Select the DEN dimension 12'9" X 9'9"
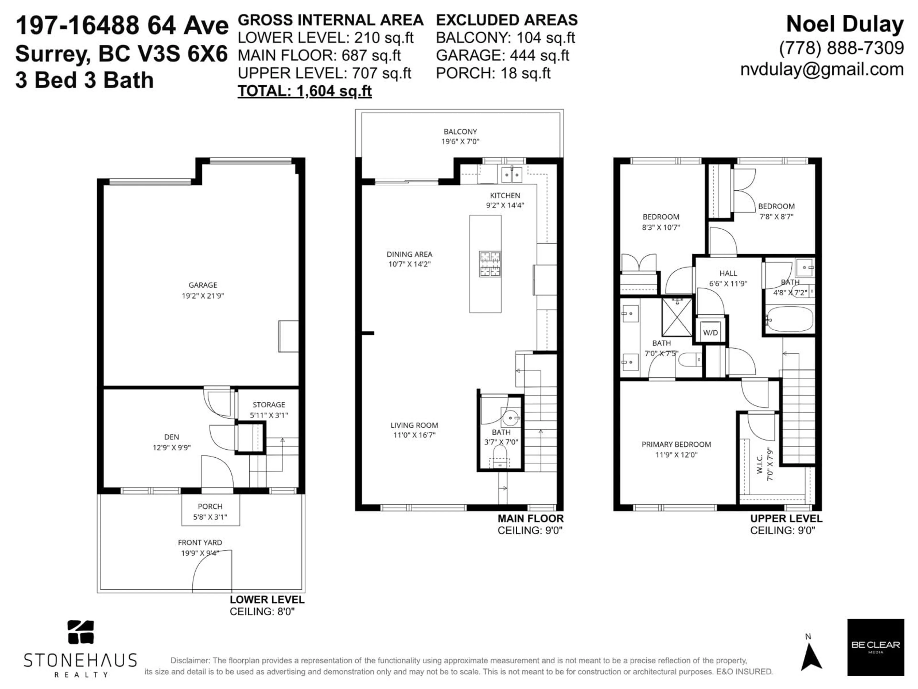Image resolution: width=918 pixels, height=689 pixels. coord(171,448)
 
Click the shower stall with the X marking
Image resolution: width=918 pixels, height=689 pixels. coord(677,317)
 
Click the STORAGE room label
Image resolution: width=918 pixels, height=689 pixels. coord(268,405)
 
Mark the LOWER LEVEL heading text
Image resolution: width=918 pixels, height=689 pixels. coord(267,600)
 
